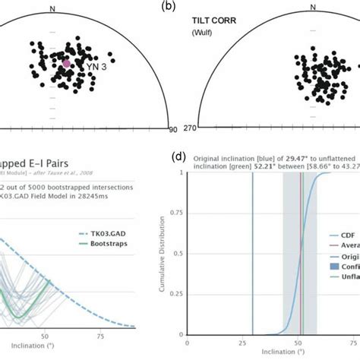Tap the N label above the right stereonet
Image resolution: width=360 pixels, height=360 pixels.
313,8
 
